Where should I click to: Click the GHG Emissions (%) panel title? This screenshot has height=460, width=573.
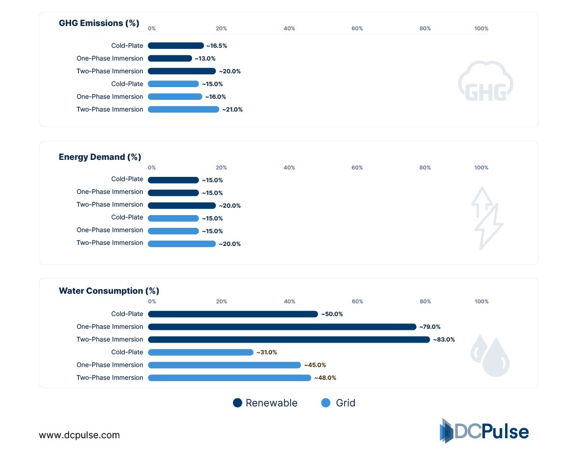click(x=99, y=23)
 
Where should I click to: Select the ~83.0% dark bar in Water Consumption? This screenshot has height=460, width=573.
click(x=289, y=339)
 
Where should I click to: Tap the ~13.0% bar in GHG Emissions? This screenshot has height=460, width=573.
click(x=170, y=58)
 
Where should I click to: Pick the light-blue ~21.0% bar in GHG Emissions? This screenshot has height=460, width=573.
click(x=183, y=109)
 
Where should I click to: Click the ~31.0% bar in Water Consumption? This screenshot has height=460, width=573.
click(x=201, y=352)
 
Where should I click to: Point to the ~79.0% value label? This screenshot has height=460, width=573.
click(x=430, y=327)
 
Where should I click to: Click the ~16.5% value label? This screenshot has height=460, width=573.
click(x=216, y=46)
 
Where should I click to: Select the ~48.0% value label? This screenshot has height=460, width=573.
click(x=325, y=378)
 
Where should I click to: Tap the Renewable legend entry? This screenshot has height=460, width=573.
click(x=265, y=403)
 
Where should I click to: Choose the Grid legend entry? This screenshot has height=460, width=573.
click(x=338, y=403)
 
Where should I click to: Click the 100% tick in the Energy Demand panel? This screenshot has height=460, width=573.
click(x=481, y=168)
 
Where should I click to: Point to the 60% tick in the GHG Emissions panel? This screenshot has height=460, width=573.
click(x=357, y=29)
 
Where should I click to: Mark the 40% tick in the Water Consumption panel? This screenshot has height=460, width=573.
click(x=289, y=302)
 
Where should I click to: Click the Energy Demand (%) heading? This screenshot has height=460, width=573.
click(x=100, y=157)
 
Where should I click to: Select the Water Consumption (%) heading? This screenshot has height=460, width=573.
click(x=109, y=291)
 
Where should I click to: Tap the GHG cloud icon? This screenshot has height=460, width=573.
click(x=485, y=82)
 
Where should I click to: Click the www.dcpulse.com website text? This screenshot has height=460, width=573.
click(x=80, y=435)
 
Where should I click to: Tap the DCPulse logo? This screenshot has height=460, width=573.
click(x=484, y=431)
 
